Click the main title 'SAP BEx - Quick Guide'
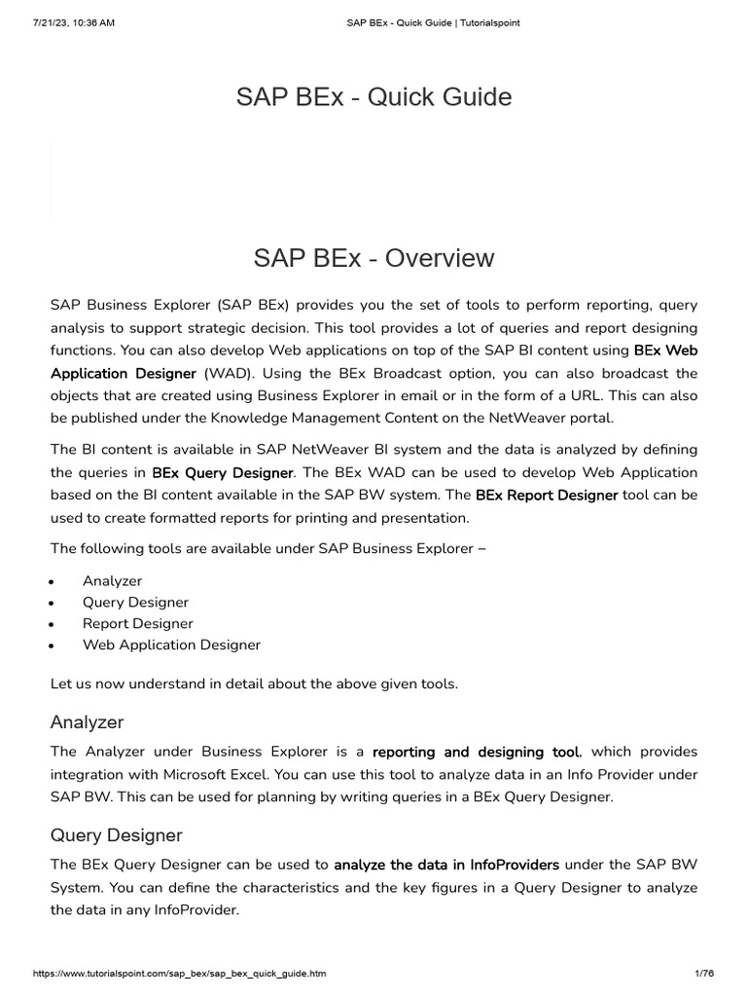pos(373,97)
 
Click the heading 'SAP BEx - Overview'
pos(373,258)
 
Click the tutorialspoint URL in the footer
pos(180,974)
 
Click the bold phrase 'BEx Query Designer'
pos(223,472)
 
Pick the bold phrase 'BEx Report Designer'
pos(547,495)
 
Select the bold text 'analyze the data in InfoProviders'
pos(446,865)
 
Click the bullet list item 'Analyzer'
pos(112,580)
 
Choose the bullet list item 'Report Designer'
pos(137,623)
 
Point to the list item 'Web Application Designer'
pos(171,645)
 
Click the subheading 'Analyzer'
pos(87,722)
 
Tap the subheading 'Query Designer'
pos(116,835)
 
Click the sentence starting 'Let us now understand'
pos(253,683)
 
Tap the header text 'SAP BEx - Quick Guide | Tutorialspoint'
pos(433,22)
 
